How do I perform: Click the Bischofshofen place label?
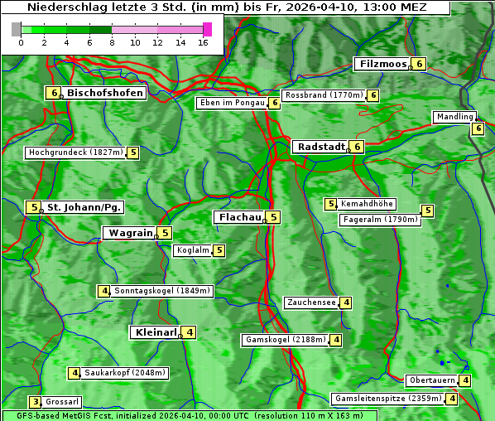click(x=105, y=93)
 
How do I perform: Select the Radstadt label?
click(x=321, y=147)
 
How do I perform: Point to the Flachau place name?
click(x=239, y=217)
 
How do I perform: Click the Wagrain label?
click(x=131, y=234)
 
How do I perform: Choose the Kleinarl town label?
click(x=155, y=332)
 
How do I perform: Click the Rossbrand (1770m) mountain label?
click(x=324, y=95)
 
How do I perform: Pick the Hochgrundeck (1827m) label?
click(x=74, y=152)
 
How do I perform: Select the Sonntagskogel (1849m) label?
click(x=162, y=291)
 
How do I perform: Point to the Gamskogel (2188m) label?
click(x=286, y=340)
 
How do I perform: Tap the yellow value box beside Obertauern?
click(x=466, y=380)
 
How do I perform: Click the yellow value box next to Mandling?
click(x=478, y=128)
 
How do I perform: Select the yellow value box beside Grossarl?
click(x=36, y=402)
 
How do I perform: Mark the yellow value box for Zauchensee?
click(x=346, y=302)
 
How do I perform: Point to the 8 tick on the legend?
click(x=112, y=41)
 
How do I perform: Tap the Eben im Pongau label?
click(x=232, y=103)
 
